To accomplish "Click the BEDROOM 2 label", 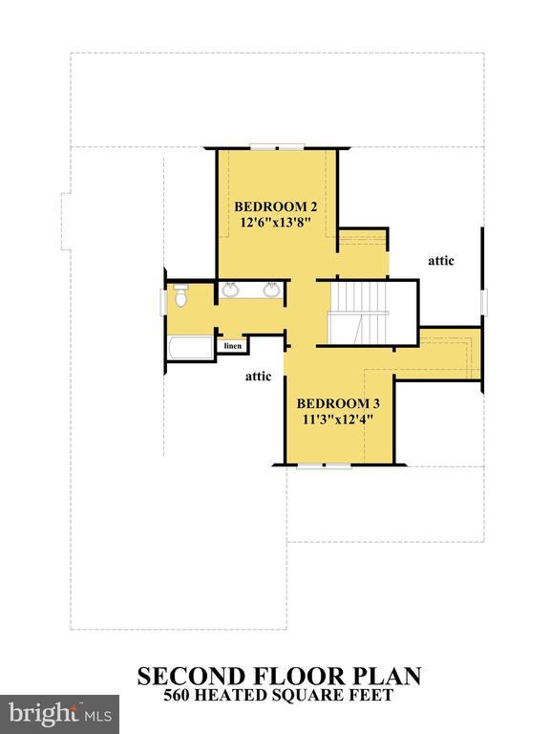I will coord(276,206).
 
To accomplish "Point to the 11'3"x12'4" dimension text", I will coord(336,419).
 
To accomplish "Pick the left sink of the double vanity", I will coord(230,291).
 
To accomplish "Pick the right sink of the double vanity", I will coord(271,291).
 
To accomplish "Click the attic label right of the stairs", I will coord(440,260).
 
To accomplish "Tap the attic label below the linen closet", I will coord(259,376).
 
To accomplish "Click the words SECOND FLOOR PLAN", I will coord(279,677).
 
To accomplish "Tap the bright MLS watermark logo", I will coord(59,712).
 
